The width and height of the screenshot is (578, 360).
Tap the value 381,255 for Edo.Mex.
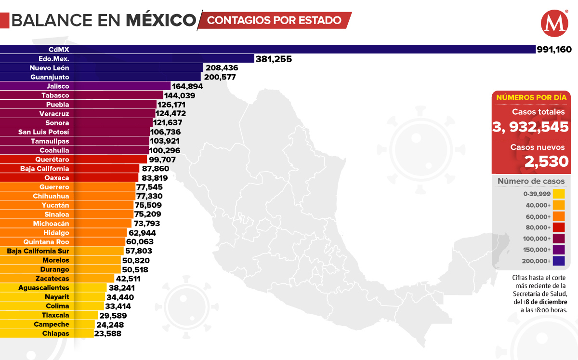(274, 59)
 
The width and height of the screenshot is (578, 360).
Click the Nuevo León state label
(49, 68)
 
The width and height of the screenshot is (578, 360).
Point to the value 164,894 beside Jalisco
(187, 87)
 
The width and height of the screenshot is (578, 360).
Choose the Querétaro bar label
(52, 160)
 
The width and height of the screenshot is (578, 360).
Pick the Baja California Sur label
(38, 251)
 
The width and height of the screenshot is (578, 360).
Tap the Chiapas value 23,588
(108, 333)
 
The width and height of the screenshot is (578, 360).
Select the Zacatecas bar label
(52, 279)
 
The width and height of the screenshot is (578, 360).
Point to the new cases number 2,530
(547, 162)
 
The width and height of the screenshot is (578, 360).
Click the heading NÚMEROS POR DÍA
(531, 97)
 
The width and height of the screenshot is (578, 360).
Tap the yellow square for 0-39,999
(559, 194)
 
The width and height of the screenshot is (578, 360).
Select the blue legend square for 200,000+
(559, 261)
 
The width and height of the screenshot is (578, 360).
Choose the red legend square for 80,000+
(559, 227)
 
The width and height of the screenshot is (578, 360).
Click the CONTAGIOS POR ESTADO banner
(275, 20)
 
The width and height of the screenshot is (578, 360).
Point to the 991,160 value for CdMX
(554, 49)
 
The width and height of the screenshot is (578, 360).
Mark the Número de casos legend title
(531, 182)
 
